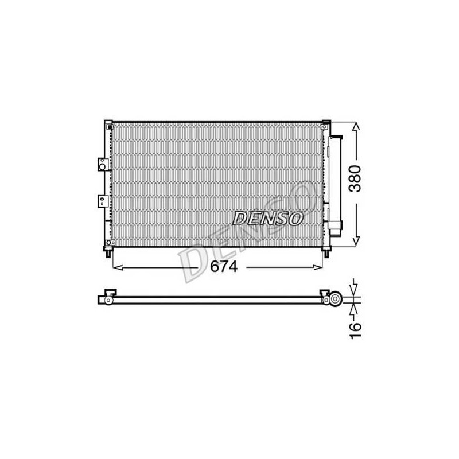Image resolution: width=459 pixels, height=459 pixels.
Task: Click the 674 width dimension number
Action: pyautogui.click(x=224, y=266)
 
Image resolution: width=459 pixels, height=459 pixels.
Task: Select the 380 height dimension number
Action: pyautogui.click(x=355, y=178)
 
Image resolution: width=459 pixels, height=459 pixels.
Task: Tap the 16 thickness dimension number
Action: pyautogui.click(x=355, y=331)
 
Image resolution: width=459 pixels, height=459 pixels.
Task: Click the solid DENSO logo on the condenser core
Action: pyautogui.click(x=267, y=219)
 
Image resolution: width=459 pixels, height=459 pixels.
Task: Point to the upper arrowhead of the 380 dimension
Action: pyautogui.click(x=356, y=126)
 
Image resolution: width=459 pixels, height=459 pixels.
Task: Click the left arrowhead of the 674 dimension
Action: pyautogui.click(x=118, y=267)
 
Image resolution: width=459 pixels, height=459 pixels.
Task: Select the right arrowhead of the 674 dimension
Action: pyautogui.click(x=318, y=267)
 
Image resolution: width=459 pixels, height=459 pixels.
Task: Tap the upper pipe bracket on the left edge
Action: pyautogui.click(x=103, y=165)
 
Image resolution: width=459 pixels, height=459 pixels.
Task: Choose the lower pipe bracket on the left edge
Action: pyautogui.click(x=103, y=201)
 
